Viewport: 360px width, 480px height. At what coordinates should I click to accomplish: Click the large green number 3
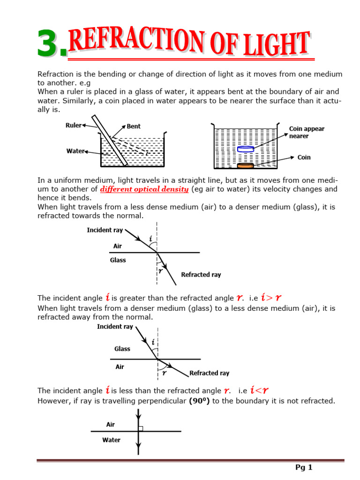52,44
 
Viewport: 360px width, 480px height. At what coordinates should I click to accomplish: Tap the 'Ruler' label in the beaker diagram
73,125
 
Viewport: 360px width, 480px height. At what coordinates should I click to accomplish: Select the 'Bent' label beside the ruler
133,126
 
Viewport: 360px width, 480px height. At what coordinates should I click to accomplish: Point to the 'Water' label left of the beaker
75,151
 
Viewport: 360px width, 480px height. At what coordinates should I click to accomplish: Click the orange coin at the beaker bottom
246,166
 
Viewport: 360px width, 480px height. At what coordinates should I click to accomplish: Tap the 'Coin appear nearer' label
307,132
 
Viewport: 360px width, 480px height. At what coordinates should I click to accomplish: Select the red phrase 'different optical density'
144,189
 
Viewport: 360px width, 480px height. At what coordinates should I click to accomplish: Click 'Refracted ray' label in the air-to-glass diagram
201,275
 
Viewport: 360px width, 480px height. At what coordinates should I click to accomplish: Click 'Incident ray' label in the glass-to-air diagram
115,327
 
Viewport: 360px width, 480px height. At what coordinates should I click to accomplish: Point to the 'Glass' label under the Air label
118,260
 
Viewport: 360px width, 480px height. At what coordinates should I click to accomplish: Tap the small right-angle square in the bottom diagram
141,428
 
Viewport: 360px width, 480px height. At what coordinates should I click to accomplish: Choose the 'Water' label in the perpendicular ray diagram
111,440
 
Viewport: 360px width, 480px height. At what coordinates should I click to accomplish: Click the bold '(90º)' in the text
196,401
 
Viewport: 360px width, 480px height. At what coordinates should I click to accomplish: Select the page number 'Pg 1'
304,467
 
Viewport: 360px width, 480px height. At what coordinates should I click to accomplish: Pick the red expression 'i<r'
259,390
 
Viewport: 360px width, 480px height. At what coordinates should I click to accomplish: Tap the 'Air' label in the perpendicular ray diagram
111,425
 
